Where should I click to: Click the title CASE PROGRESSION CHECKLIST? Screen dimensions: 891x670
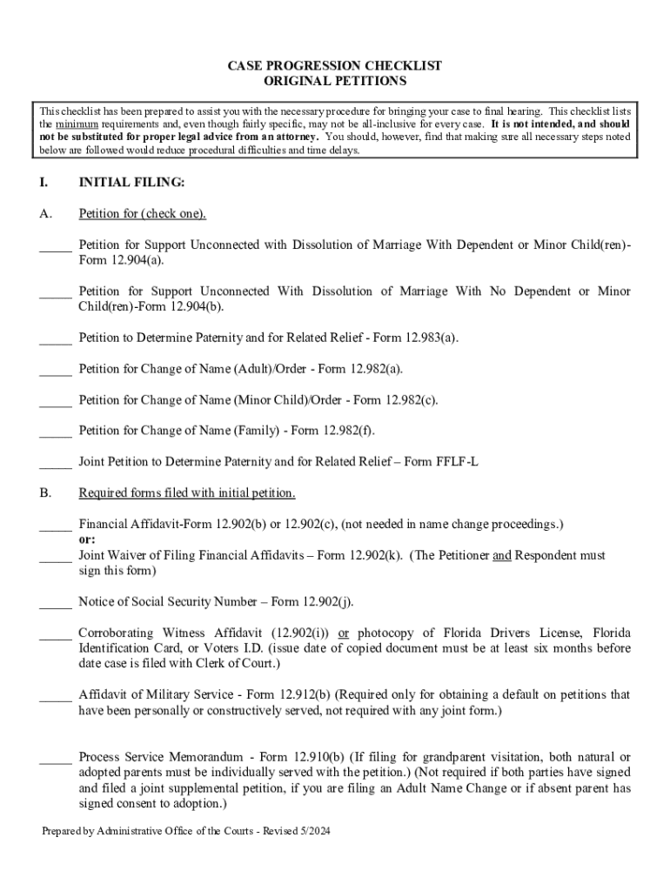(335, 66)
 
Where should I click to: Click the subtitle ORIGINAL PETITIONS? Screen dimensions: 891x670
(335, 81)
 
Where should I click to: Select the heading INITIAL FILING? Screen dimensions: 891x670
(131, 183)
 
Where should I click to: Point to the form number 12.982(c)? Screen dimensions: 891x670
(409, 400)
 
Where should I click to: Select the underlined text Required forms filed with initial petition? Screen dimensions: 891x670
(187, 493)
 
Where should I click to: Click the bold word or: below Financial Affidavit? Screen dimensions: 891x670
(87, 539)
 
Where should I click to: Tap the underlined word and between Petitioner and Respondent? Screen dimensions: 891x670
(502, 555)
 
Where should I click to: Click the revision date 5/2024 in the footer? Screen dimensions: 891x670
(313, 832)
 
